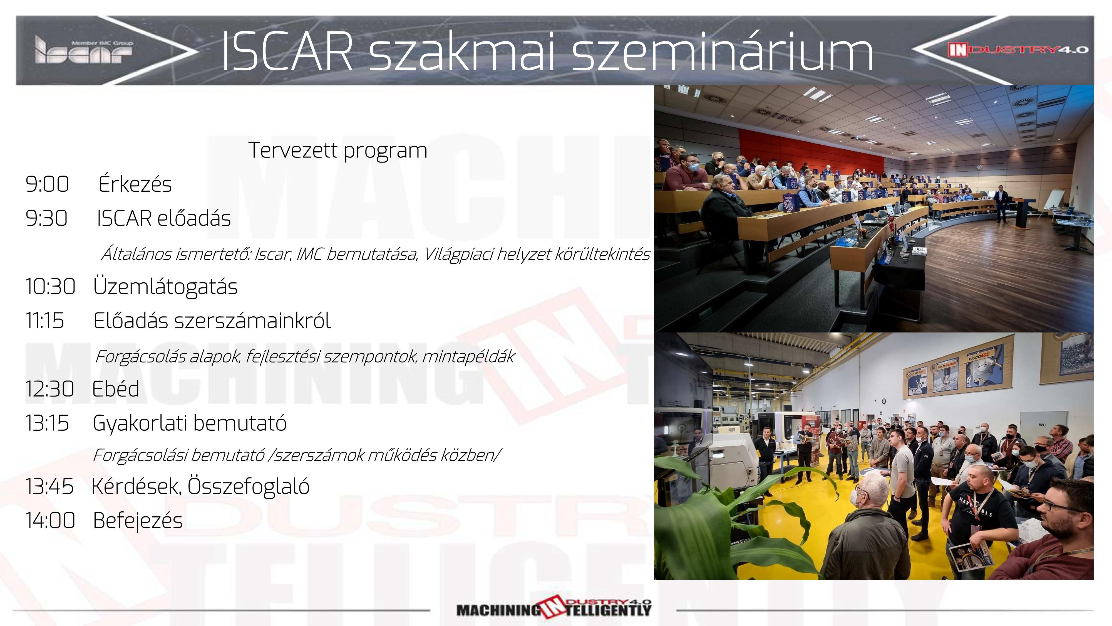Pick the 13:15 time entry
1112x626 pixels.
[x=47, y=423]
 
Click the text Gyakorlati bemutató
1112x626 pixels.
[x=190, y=423]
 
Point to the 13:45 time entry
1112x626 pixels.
[x=49, y=486]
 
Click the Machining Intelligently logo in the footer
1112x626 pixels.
[x=554, y=609]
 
